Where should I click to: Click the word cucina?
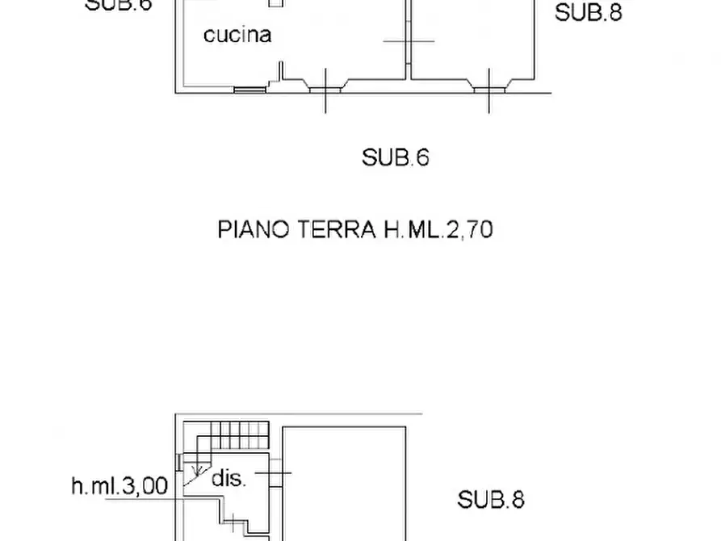click(237, 35)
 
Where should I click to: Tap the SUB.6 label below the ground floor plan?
click(395, 157)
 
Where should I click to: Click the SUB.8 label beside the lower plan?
click(491, 500)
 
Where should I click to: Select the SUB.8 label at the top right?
click(589, 12)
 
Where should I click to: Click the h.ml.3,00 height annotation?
click(119, 486)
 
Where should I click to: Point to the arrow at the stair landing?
click(195, 467)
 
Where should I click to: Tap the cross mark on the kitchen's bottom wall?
click(325, 88)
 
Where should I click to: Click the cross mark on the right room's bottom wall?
click(488, 88)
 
